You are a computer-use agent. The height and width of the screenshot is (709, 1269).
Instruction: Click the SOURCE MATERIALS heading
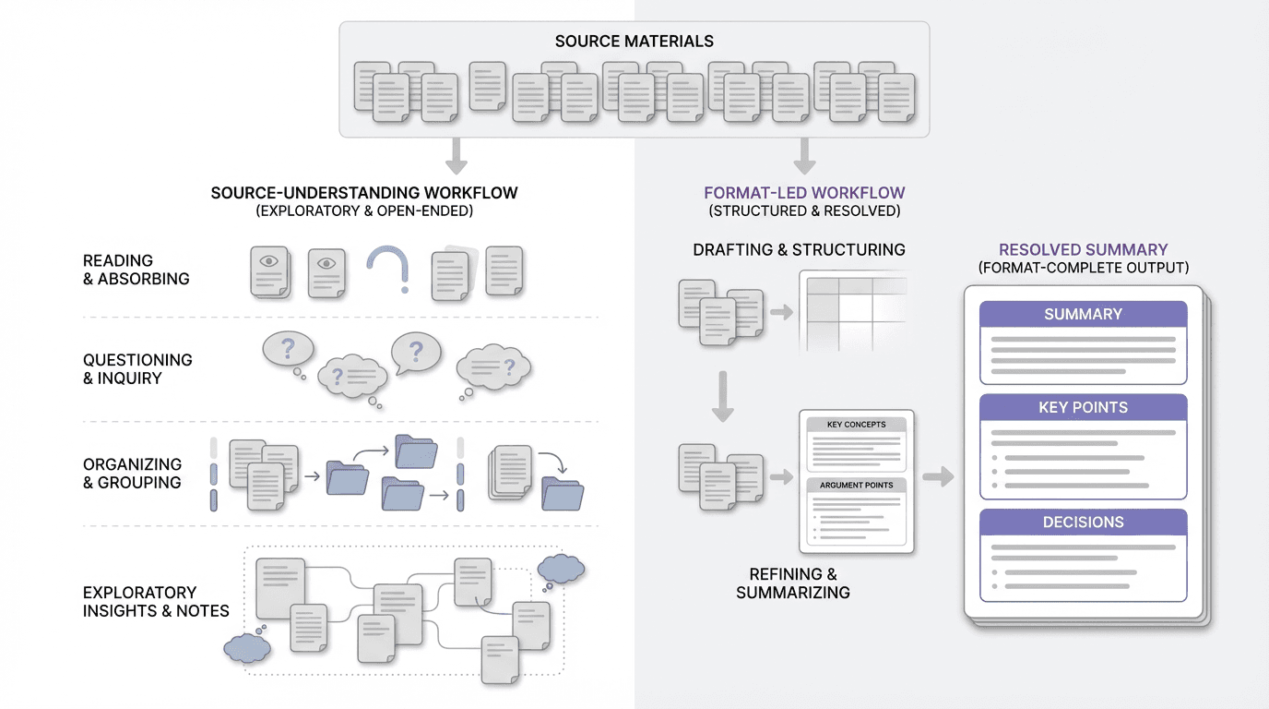pos(634,42)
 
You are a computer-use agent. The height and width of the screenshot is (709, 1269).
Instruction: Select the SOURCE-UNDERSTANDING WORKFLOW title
pos(364,193)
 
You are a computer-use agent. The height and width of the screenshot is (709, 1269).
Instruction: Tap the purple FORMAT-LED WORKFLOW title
pos(804,193)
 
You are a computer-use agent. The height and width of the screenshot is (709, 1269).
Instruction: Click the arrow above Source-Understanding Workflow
pos(456,156)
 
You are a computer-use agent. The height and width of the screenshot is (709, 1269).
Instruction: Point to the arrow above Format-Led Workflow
pos(804,156)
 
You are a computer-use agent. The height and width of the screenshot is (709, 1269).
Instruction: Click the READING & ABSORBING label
pos(136,270)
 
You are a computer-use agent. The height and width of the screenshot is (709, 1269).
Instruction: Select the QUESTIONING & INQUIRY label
pos(137,369)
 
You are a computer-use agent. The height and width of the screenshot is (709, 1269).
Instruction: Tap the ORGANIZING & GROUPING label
pos(132,473)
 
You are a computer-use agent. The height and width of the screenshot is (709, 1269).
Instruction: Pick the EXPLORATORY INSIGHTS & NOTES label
pos(156,601)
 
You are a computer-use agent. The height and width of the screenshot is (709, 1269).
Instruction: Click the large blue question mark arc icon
pos(387,269)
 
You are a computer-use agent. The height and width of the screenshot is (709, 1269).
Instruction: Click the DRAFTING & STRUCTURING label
pos(799,249)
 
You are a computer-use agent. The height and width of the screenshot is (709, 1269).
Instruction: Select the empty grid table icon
pos(852,310)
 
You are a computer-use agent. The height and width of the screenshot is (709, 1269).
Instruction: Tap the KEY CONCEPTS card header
pos(856,425)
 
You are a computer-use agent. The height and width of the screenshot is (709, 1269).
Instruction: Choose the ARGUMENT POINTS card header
pos(856,485)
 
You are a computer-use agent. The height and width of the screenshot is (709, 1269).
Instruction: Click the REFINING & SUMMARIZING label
pos(792,583)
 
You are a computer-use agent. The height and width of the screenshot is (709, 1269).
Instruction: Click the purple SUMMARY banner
pos(1083,314)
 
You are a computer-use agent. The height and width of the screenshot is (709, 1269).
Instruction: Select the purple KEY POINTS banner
pos(1083,407)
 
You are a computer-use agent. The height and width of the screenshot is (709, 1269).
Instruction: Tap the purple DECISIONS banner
pos(1083,522)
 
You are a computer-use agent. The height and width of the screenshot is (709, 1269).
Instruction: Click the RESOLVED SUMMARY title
pos(1083,249)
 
